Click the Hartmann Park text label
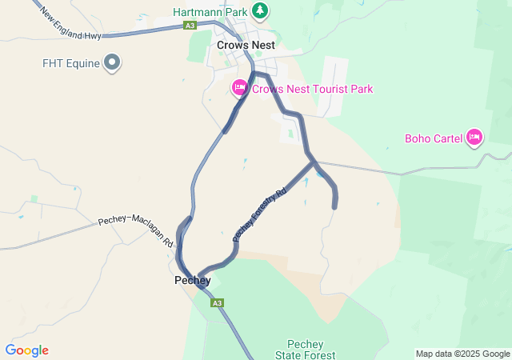coord(210,13)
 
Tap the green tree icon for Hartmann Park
coord(259,11)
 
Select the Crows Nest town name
coord(246,46)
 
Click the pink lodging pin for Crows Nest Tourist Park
coord(239,88)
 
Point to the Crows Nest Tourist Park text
coord(312,89)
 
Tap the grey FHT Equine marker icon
coord(113,62)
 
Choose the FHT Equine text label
coord(71,63)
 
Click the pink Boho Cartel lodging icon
coord(474,138)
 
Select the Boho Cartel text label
coord(434,138)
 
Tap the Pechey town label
coord(192,281)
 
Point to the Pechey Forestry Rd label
coord(259,214)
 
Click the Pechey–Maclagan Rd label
coord(136,231)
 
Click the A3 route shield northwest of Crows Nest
coord(190,26)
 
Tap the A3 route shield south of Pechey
coord(218,303)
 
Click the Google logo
coord(26,350)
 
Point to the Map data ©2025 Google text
coord(462,354)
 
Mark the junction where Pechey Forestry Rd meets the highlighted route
coord(312,162)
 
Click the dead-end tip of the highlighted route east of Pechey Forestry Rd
coord(334,207)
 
